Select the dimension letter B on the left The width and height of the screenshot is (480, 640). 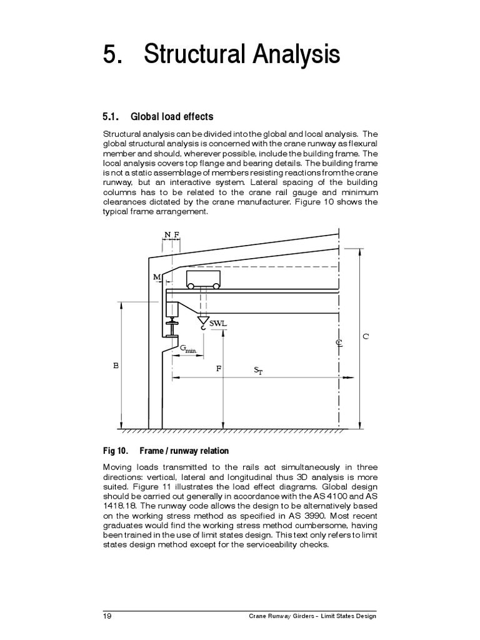[116, 366]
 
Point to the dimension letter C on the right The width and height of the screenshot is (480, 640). [366, 336]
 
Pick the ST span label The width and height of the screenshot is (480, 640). [259, 370]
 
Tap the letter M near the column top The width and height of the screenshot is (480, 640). [156, 276]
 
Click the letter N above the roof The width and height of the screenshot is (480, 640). [167, 234]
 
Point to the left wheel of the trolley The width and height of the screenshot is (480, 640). [191, 286]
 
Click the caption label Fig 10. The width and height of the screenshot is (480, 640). [115, 451]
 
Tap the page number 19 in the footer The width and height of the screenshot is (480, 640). [107, 616]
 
